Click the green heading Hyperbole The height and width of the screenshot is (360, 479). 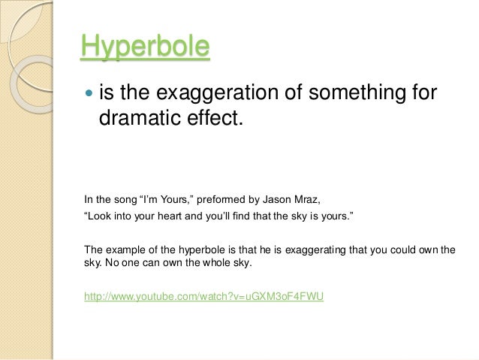[145, 47]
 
